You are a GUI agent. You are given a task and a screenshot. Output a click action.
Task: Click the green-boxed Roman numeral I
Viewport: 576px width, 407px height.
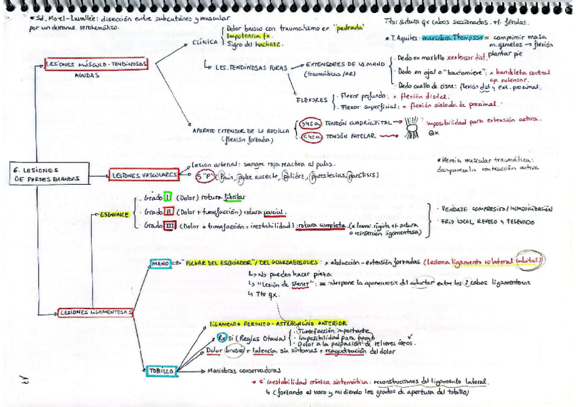click(167, 198)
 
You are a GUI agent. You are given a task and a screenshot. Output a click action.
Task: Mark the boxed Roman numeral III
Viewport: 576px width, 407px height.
click(170, 226)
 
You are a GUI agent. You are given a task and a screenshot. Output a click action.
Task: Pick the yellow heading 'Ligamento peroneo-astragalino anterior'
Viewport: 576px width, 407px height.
click(278, 323)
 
